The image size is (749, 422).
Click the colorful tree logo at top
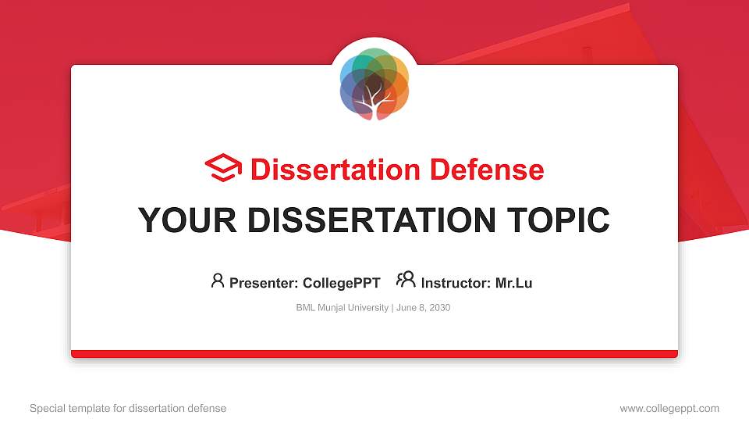374,84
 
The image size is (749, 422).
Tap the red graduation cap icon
223,168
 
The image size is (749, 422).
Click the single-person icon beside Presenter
218,281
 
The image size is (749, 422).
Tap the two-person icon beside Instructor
406,280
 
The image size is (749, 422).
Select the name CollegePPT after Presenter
341,283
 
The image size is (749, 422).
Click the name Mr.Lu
513,283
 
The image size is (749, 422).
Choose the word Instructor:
456,283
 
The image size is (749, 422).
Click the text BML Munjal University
342,308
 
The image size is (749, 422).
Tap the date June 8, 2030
424,308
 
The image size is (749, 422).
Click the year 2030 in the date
438,308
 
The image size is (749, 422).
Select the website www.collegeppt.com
669,408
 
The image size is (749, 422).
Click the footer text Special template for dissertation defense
128,408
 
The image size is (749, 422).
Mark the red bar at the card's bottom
374,354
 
